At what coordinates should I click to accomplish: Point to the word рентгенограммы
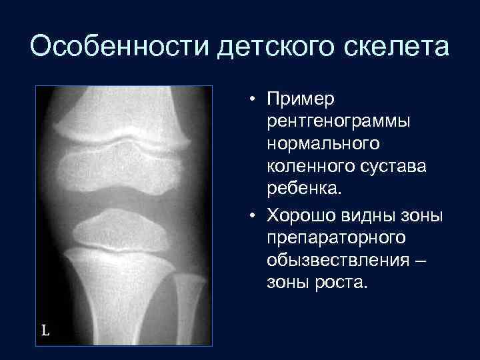click(338, 122)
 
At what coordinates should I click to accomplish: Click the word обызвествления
click(337, 260)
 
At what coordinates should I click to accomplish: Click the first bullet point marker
click(255, 101)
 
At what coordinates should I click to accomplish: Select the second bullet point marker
click(255, 217)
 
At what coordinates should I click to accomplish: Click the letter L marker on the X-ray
click(45, 330)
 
